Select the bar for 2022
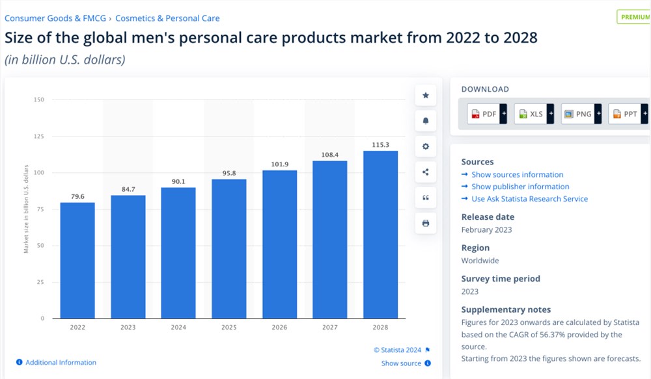pos(77,260)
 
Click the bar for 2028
pos(380,234)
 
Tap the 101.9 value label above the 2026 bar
pos(279,164)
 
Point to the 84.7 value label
pos(128,190)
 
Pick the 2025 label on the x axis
pos(229,327)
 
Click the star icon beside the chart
pos(426,96)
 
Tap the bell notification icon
pos(426,121)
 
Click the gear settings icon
pos(426,146)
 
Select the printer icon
pos(426,223)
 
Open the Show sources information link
pos(517,174)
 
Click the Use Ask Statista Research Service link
pos(529,199)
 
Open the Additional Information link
pos(60,362)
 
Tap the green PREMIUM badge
pos(634,17)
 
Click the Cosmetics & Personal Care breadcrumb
pos(167,18)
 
